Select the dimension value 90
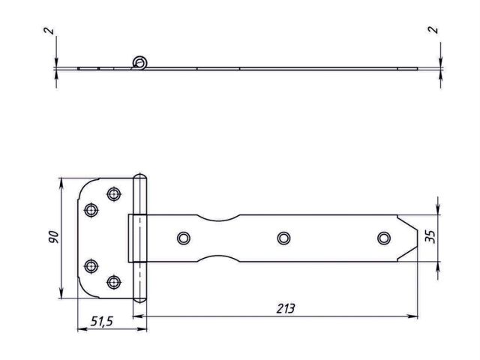click(x=50, y=238)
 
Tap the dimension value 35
click(x=430, y=238)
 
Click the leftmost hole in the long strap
click(x=183, y=238)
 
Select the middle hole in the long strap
click(x=283, y=238)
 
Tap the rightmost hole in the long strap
click(x=383, y=238)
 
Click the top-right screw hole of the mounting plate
click(x=114, y=194)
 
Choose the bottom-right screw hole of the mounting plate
click(x=114, y=282)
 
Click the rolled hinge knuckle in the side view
click(x=139, y=63)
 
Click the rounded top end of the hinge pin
click(x=140, y=178)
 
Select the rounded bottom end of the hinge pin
click(x=140, y=298)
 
